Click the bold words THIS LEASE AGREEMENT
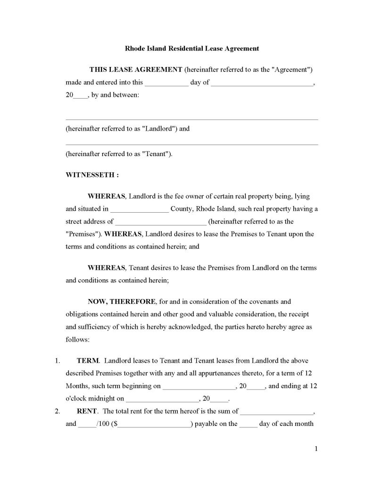pos(136,70)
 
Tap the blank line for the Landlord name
pos(191,118)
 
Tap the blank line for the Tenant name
pos(191,144)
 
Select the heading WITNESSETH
pos(92,175)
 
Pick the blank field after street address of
pos(160,222)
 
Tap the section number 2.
pos(57,411)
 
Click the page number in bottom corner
pos(315,449)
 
